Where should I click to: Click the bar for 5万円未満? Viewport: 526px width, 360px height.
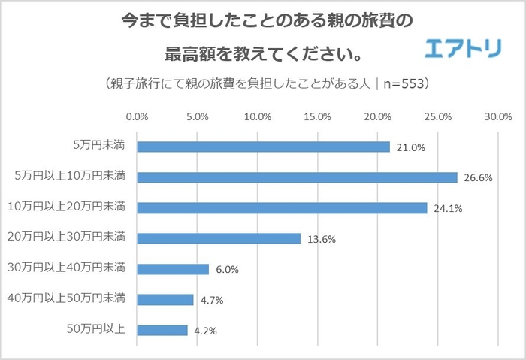263,147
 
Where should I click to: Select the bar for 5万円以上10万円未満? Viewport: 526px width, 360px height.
297,177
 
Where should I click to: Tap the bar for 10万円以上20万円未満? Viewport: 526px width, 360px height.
282,207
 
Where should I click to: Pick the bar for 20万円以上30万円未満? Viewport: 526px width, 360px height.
219,238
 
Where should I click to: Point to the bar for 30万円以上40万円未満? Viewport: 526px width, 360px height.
173,269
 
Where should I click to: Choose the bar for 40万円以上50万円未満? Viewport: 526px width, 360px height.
165,299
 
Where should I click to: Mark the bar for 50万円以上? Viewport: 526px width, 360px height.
162,330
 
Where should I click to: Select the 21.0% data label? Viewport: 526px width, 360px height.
411,148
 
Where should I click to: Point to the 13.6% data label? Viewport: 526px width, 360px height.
321,240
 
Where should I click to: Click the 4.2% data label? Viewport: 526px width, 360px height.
208,331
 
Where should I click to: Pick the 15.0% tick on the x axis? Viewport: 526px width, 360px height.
317,117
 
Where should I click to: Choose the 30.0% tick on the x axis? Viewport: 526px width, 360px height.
498,117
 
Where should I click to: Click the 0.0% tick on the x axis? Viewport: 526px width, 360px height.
137,117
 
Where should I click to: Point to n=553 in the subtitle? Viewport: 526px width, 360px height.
402,83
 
